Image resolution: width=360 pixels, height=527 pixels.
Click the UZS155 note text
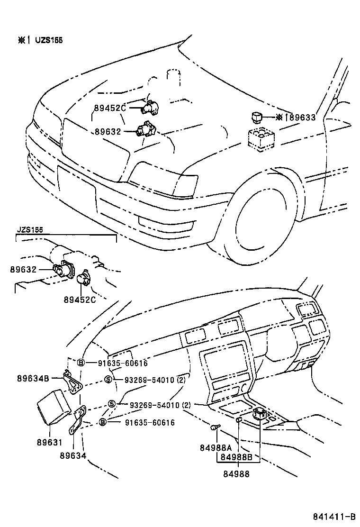48,40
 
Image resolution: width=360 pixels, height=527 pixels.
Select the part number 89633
302,118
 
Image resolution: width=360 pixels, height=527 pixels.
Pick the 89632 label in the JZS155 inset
23,269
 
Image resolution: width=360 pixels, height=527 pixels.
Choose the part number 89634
73,455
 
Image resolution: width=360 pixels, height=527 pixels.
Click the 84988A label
216,447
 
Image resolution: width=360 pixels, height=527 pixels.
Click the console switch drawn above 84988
259,414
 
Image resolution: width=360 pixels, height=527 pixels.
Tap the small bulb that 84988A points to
215,428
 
